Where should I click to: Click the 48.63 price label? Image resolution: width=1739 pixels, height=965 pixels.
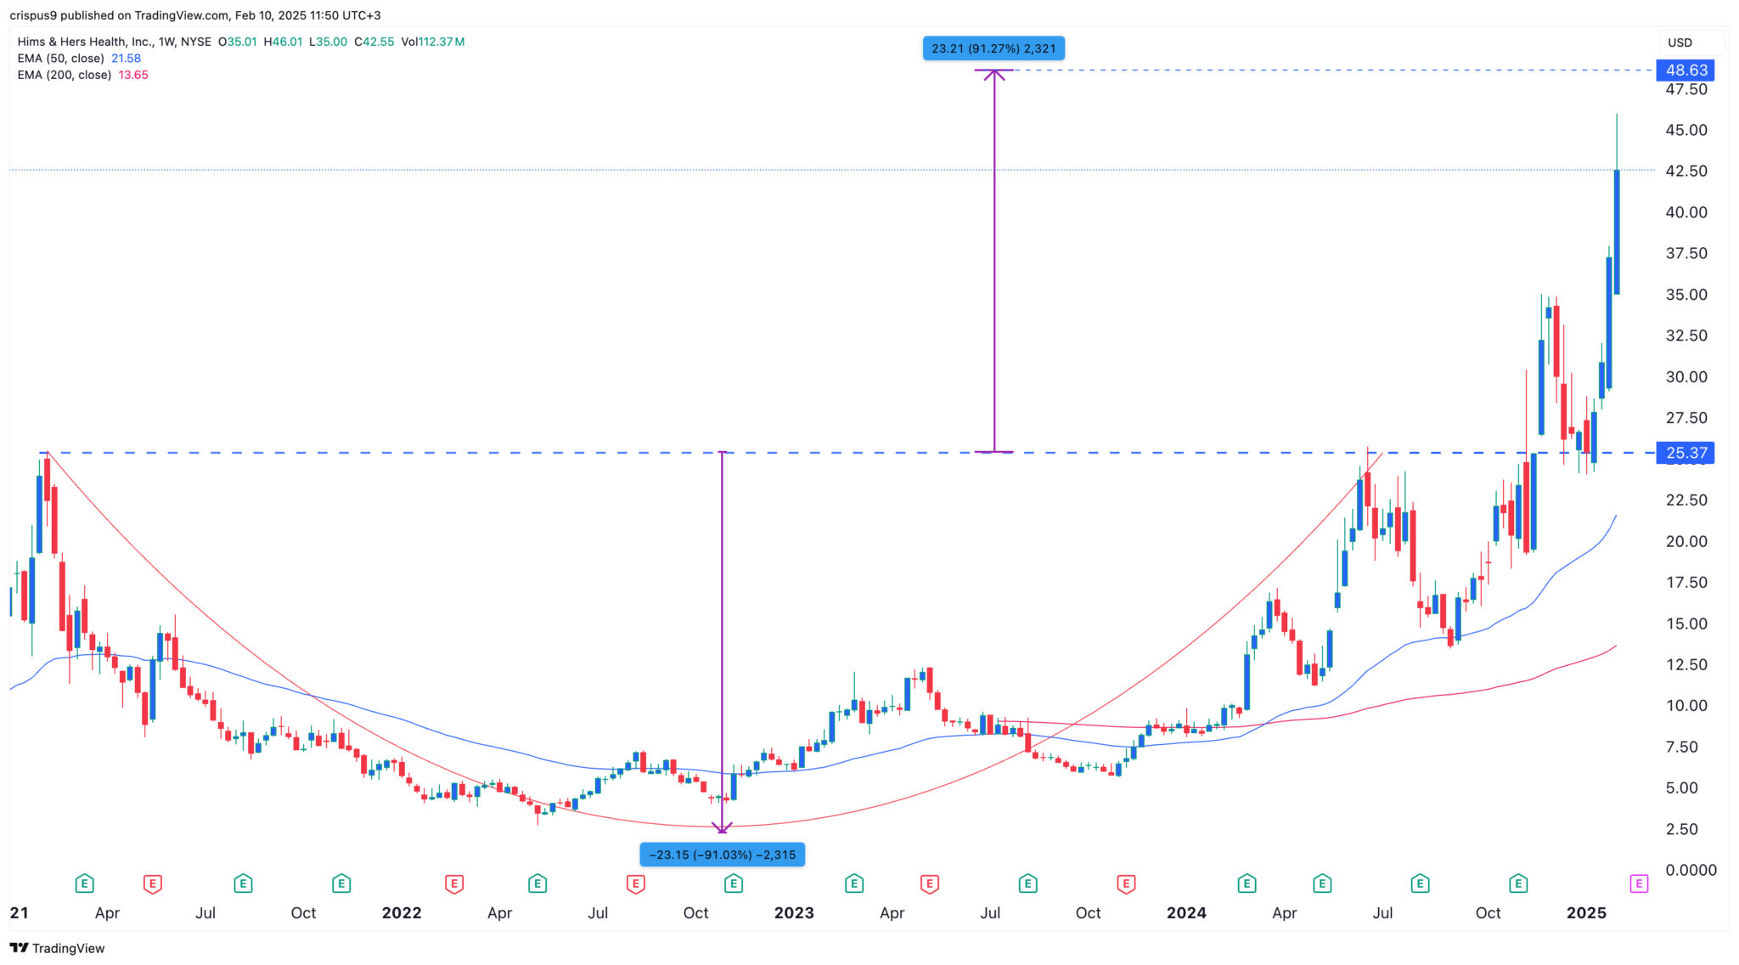[x=1686, y=71]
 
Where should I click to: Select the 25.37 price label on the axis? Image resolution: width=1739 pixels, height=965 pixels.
[x=1686, y=453]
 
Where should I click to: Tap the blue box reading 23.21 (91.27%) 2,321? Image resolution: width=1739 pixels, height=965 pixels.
[x=993, y=48]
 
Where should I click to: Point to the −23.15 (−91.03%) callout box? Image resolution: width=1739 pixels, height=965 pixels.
[x=722, y=855]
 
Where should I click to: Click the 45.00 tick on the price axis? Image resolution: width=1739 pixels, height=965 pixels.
[x=1686, y=130]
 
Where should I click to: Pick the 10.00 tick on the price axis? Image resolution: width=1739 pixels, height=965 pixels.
[x=1686, y=706]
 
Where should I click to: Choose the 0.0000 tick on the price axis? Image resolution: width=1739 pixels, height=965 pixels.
[x=1690, y=870]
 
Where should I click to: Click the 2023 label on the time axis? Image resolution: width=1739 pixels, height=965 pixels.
[x=794, y=913]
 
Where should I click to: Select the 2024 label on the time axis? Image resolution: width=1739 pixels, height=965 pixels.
[x=1186, y=913]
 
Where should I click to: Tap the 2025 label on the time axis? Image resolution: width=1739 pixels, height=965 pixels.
[x=1586, y=913]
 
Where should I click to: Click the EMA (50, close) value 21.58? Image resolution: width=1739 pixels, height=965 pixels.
[x=127, y=59]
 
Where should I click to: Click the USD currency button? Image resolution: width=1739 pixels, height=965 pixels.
[x=1680, y=42]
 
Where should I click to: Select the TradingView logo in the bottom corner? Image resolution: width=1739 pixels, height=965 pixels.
[x=57, y=948]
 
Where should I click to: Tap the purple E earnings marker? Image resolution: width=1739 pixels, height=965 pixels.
[x=1639, y=884]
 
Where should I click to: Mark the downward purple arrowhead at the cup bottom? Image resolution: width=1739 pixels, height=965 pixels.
[x=722, y=827]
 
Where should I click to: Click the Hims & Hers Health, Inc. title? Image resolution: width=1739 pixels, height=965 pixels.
[x=84, y=42]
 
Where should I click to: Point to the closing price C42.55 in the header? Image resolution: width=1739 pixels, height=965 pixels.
[x=374, y=42]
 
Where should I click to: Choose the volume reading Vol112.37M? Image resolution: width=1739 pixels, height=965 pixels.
[x=433, y=42]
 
